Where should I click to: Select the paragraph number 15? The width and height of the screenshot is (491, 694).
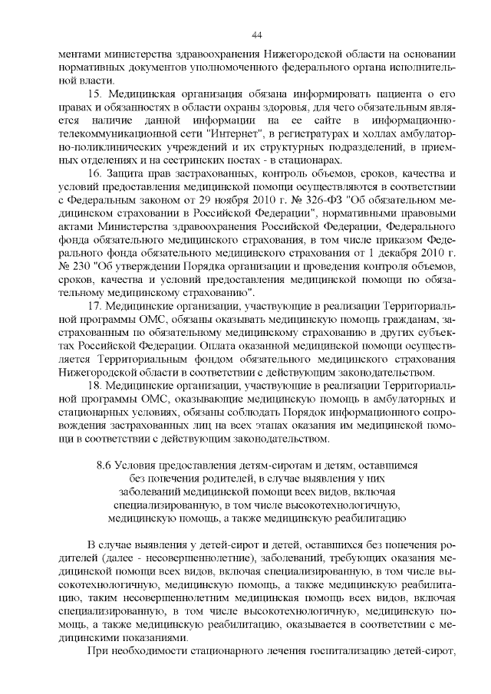point(95,93)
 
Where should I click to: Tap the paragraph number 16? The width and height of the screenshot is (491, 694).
point(95,174)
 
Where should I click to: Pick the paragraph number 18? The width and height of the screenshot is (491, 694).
point(95,386)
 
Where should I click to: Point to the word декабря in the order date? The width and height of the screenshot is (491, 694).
point(400,252)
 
